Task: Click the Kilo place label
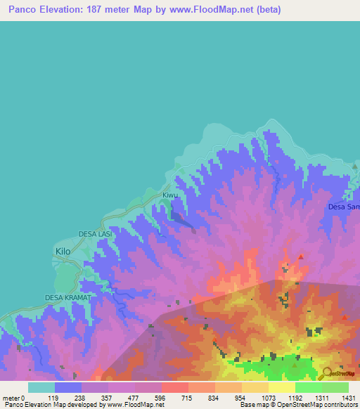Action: (x=63, y=250)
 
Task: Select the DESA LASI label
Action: (x=96, y=233)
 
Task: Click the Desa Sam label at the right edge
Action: (x=344, y=207)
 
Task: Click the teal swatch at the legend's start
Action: (x=41, y=387)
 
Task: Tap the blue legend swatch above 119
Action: (x=68, y=387)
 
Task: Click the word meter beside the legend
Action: (x=11, y=398)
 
